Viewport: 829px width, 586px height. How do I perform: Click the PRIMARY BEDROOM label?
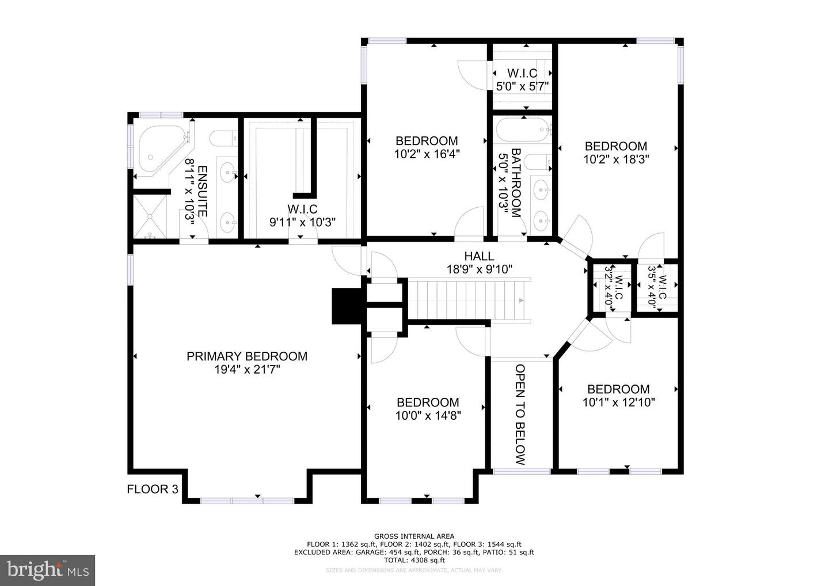pyautogui.click(x=246, y=356)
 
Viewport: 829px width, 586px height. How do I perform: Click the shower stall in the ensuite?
pyautogui.click(x=150, y=216)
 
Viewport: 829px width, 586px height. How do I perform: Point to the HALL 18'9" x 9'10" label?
pyautogui.click(x=479, y=262)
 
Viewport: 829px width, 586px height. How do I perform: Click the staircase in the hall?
pyautogui.click(x=467, y=299)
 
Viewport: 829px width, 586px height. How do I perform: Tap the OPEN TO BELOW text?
pyautogui.click(x=520, y=414)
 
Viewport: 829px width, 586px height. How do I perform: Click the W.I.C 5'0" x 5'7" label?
pyautogui.click(x=522, y=80)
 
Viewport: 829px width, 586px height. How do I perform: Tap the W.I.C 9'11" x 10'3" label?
pyautogui.click(x=302, y=215)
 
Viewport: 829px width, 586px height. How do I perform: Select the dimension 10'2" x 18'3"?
pyautogui.click(x=616, y=159)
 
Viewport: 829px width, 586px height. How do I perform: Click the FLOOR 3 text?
pyautogui.click(x=153, y=489)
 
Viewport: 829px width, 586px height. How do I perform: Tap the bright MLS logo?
pyautogui.click(x=47, y=570)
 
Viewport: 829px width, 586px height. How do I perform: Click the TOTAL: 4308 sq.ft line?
pyautogui.click(x=414, y=560)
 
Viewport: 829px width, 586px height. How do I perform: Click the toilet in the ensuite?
pyautogui.click(x=222, y=138)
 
